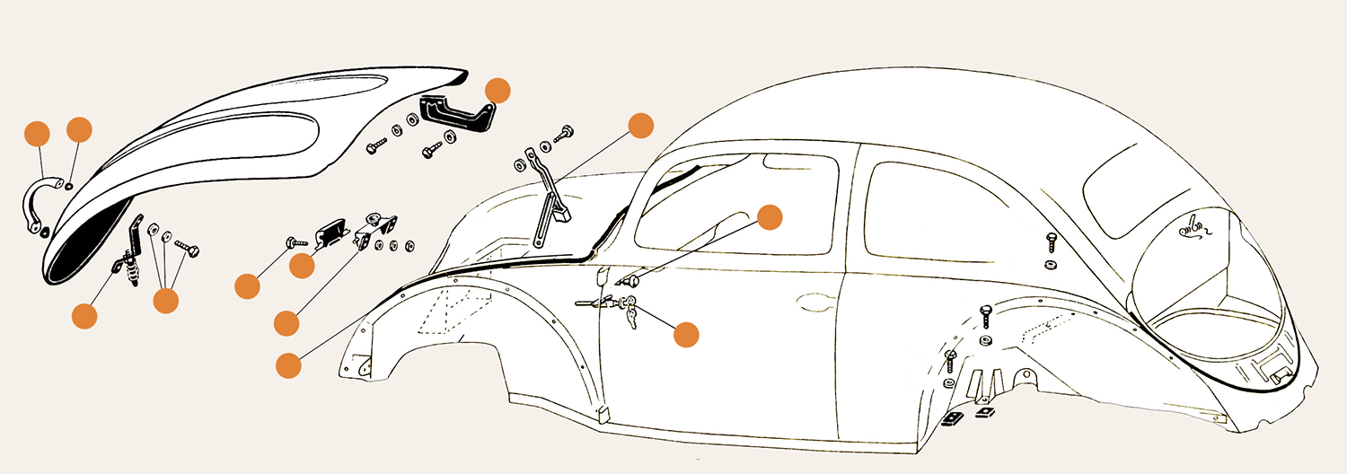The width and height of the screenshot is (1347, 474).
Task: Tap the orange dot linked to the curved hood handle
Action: (35, 132)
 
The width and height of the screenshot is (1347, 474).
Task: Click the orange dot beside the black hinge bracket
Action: (497, 90)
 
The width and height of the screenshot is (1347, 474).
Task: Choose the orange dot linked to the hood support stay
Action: (640, 126)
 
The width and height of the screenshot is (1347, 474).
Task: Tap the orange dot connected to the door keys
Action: (685, 333)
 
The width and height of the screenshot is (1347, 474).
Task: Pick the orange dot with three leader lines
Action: (165, 300)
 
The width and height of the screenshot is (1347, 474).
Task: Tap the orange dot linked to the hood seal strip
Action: (288, 364)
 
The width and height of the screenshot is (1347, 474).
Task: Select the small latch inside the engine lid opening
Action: (1194, 227)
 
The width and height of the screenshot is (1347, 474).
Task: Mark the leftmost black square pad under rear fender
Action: (952, 418)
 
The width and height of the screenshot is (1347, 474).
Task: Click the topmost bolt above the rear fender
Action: (1051, 241)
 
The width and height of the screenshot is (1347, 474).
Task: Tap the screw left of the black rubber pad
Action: (297, 241)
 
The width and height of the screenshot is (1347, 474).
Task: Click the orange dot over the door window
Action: (770, 217)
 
